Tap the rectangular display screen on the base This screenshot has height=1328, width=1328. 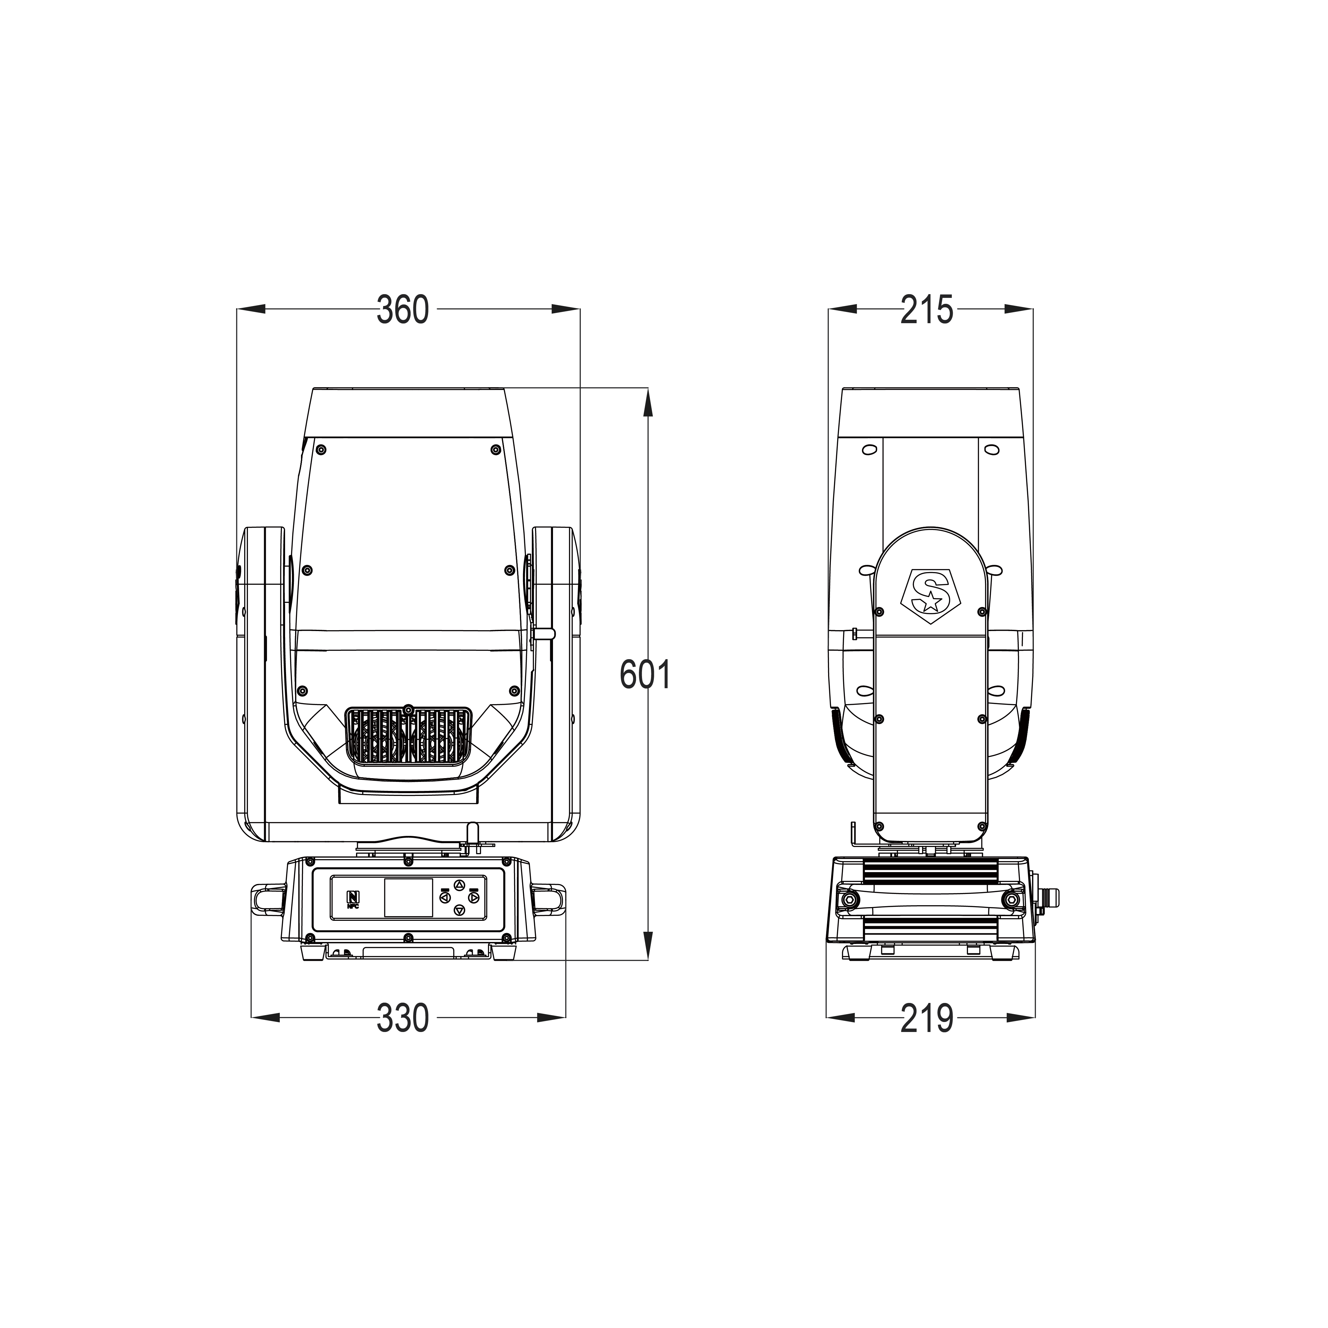point(408,897)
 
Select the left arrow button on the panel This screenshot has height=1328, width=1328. point(445,897)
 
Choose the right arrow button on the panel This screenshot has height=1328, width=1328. point(474,897)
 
